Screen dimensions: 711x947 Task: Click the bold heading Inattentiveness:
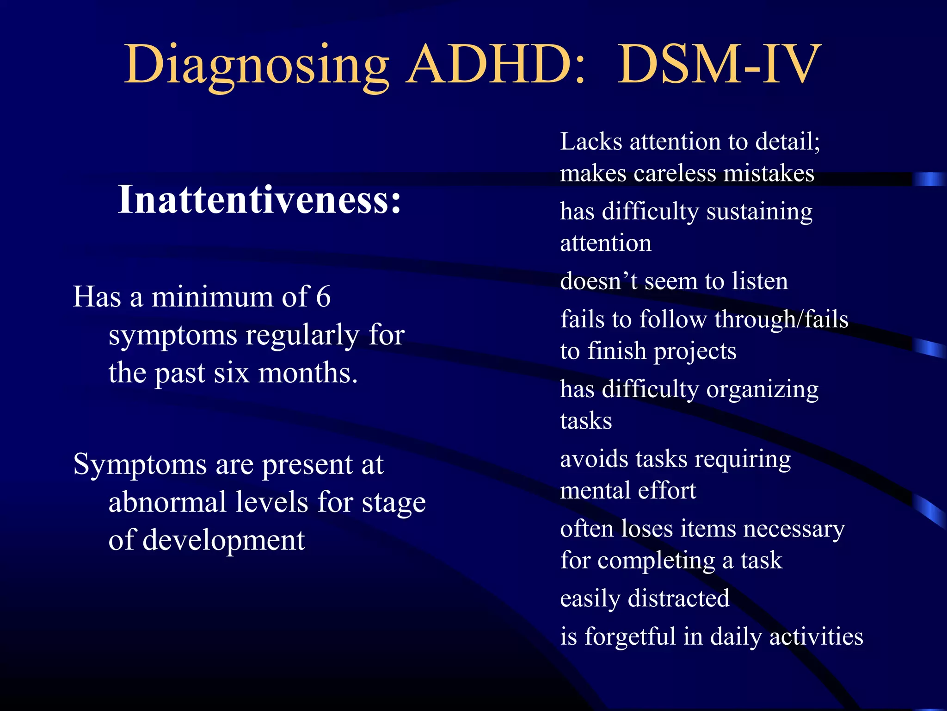pyautogui.click(x=259, y=200)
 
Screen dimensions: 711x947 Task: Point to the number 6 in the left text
pyautogui.click(x=323, y=297)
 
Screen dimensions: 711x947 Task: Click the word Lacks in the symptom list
pyautogui.click(x=591, y=142)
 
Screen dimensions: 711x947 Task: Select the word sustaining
pyautogui.click(x=759, y=212)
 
